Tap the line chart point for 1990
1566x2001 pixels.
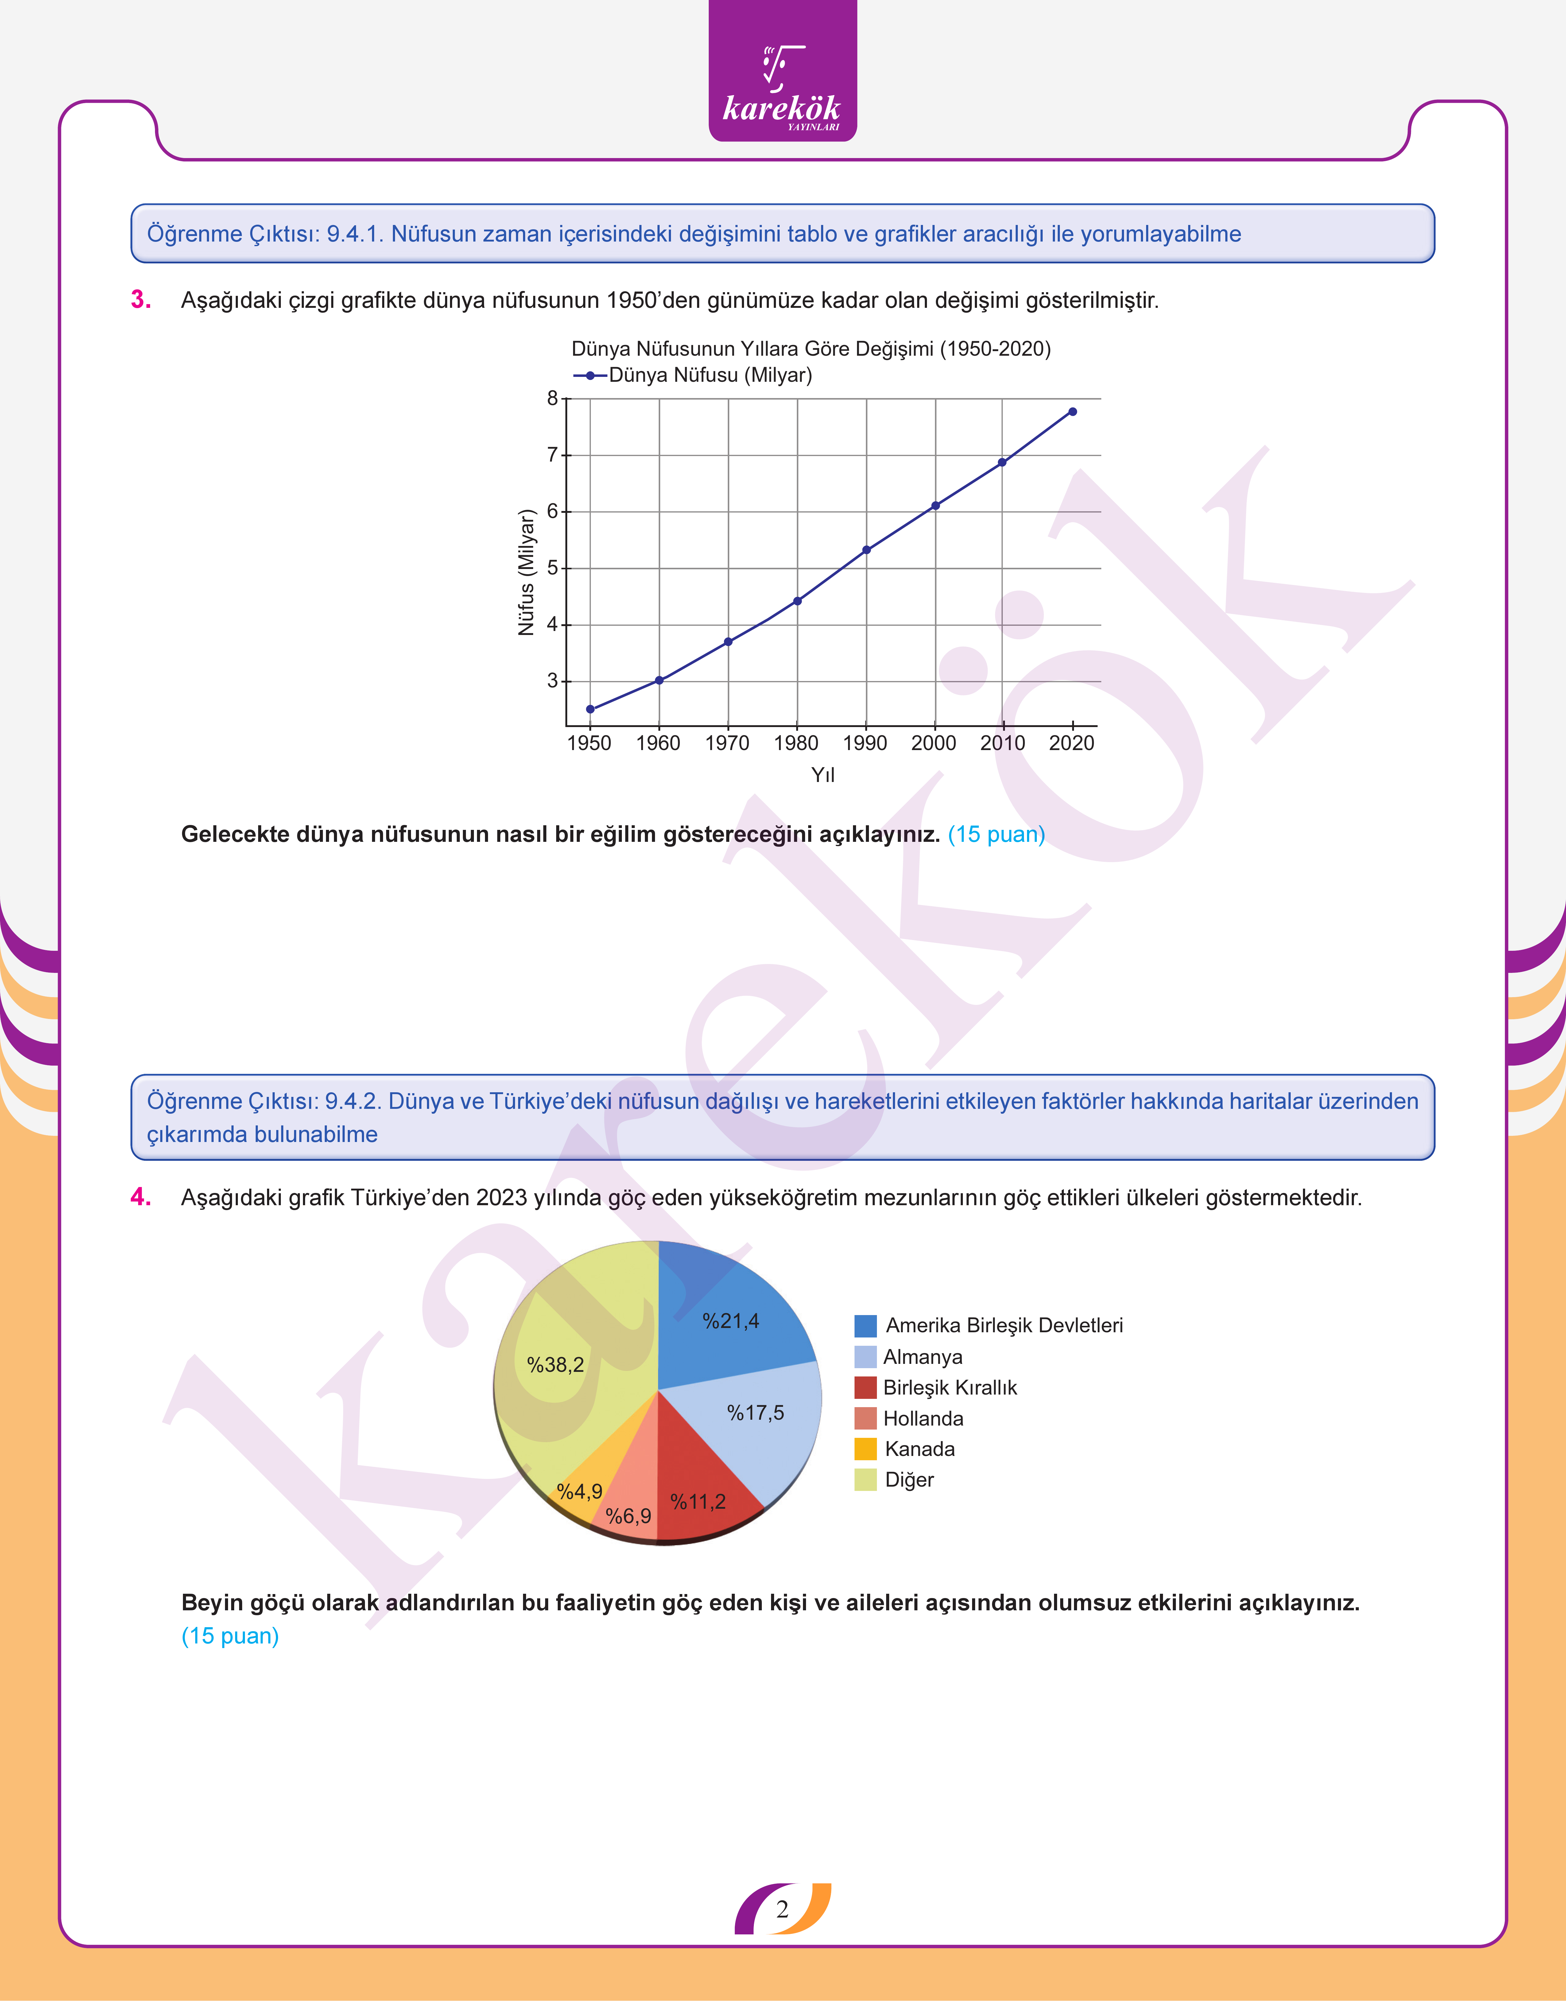tap(866, 550)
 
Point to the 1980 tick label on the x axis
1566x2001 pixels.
tap(796, 743)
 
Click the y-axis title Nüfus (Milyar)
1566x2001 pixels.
tap(525, 572)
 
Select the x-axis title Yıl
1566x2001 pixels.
tap(822, 776)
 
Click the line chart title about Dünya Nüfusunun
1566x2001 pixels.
tap(811, 349)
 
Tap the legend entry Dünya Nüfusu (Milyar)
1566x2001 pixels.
tap(710, 375)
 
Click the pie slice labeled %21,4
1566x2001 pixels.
tap(724, 1320)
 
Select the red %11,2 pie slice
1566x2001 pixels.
tap(701, 1476)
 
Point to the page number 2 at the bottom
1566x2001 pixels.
tap(782, 1909)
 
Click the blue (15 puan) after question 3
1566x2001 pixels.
tap(996, 835)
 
